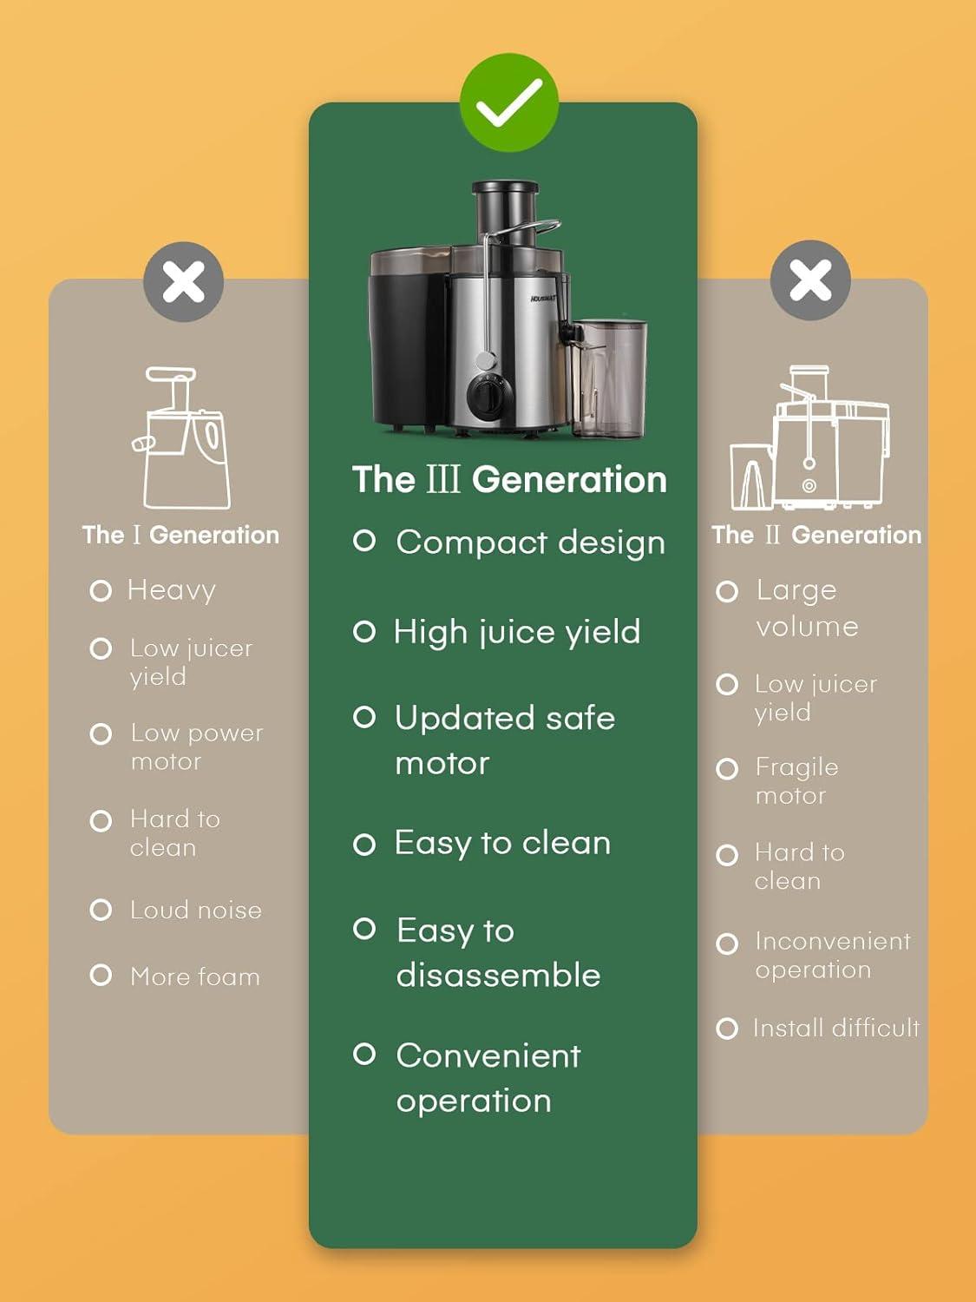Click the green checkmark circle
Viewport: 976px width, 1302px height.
coord(509,102)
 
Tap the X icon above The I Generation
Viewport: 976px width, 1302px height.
coord(183,282)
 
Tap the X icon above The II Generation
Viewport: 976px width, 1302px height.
coord(810,280)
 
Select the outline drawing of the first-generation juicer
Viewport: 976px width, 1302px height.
coord(182,438)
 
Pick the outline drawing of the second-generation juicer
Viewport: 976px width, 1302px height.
coord(809,438)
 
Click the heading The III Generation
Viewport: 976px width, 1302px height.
coord(509,480)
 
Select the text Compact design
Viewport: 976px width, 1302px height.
coord(530,542)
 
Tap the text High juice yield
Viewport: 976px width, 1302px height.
coord(517,632)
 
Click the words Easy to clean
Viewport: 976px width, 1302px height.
coord(502,843)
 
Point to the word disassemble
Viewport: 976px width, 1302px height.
coord(498,976)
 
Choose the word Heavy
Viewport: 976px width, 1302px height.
coord(172,590)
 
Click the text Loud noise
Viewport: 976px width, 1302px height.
coord(196,910)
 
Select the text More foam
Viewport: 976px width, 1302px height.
coord(195,976)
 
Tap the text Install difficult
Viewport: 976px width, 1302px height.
coord(836,1029)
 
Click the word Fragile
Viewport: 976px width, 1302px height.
coord(796,767)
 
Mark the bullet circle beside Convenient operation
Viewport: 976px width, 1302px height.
coord(364,1055)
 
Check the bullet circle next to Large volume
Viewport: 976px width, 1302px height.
coord(727,592)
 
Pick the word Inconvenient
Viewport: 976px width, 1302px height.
coord(833,941)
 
